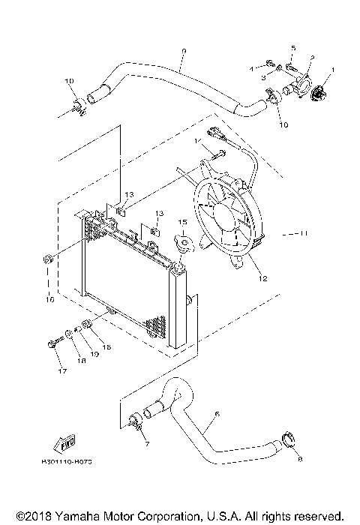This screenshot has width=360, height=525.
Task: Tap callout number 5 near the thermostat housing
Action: [293, 47]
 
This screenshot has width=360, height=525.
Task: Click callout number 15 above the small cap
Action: [181, 223]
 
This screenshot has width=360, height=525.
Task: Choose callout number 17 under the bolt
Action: [62, 370]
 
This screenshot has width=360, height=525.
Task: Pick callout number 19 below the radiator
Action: [95, 352]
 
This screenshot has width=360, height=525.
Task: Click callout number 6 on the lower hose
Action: [217, 412]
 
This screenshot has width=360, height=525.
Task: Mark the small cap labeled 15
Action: [181, 243]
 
